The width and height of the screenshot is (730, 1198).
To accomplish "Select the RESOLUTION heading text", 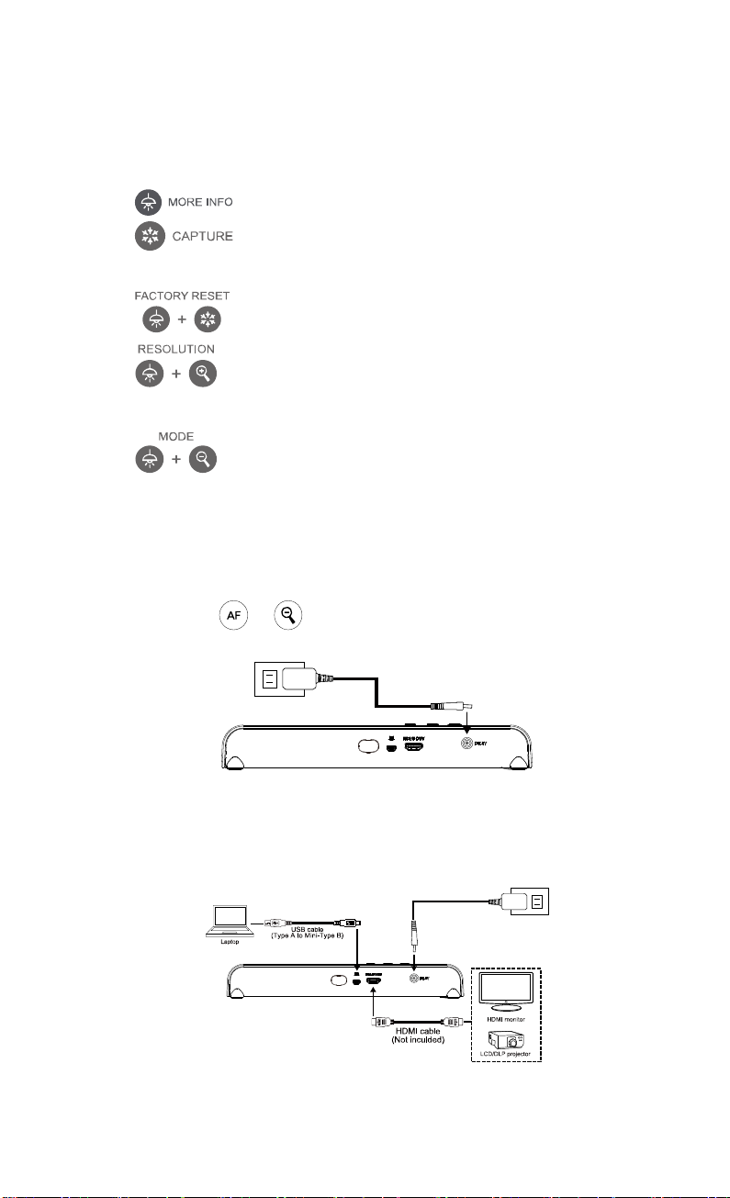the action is (x=176, y=350).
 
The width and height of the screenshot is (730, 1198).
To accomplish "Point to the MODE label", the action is (x=176, y=437).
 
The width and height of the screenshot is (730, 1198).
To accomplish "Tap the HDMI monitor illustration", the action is (x=503, y=993).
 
